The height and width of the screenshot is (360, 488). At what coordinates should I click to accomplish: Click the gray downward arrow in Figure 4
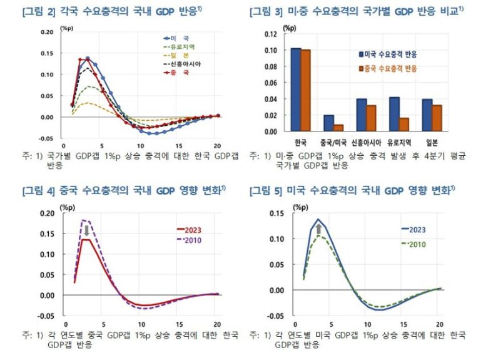[x=86, y=230]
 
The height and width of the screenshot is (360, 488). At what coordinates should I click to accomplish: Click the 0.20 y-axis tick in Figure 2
[x=47, y=31]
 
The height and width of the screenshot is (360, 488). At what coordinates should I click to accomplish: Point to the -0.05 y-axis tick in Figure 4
[x=46, y=316]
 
